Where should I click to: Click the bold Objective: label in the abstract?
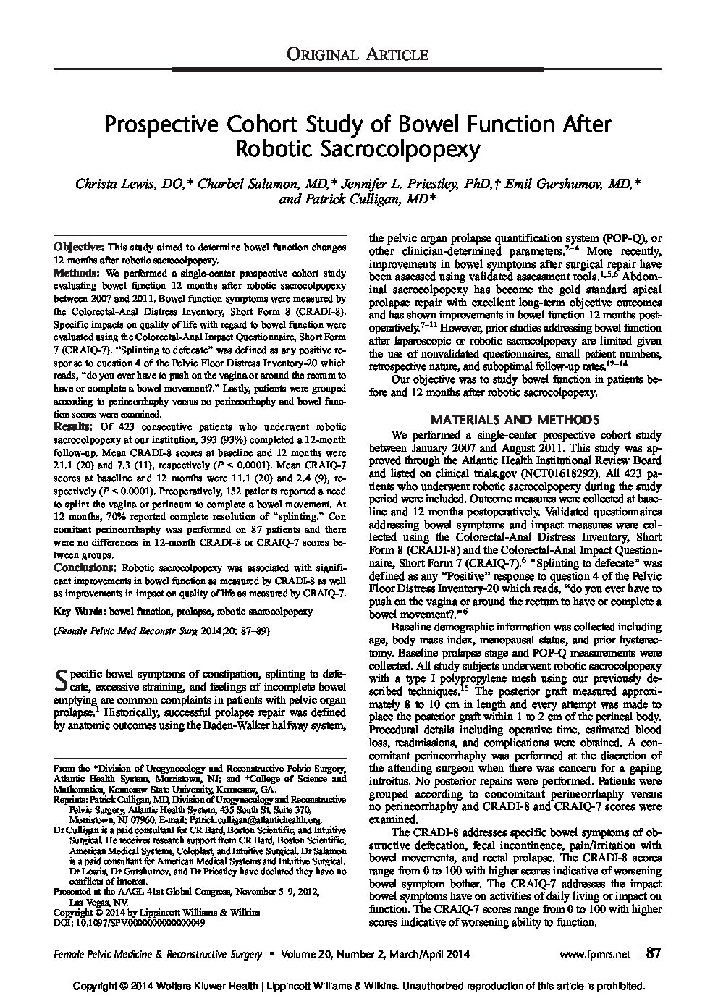[x=80, y=248]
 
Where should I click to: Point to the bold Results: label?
[x=72, y=427]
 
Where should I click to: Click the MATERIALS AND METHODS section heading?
[x=515, y=419]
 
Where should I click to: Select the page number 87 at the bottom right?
[x=653, y=953]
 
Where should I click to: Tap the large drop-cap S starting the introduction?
[x=62, y=679]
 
